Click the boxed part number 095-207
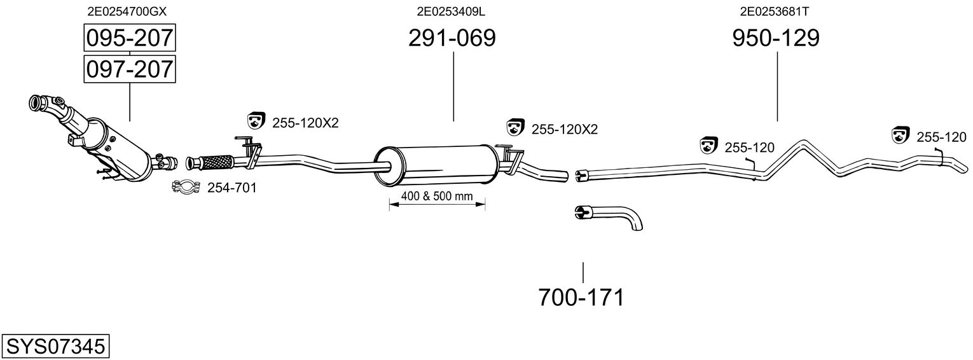(130, 39)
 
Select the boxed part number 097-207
(130, 68)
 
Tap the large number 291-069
(452, 39)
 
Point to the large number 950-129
(776, 39)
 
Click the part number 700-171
(581, 297)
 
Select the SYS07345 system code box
(55, 347)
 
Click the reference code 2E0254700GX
(128, 11)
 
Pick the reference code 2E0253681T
(775, 11)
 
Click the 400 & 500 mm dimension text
(437, 197)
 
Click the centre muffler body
(436, 163)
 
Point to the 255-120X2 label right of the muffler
(564, 129)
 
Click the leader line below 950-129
(777, 87)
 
